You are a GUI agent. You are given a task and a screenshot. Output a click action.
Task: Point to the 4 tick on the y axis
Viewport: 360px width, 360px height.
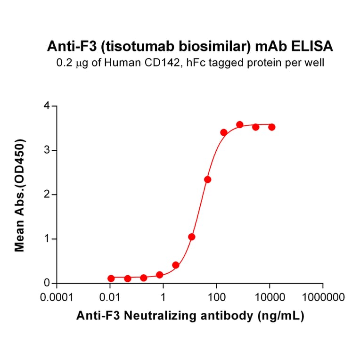pyautogui.click(x=47, y=106)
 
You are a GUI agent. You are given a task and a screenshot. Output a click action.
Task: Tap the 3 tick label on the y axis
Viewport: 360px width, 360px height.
pyautogui.click(x=47, y=150)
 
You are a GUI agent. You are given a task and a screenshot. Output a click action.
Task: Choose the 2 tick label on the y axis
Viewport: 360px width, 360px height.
pyautogui.click(x=47, y=195)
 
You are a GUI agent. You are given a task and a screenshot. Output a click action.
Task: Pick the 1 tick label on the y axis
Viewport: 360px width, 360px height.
pyautogui.click(x=47, y=239)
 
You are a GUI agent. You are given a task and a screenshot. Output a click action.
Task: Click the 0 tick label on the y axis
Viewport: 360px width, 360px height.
pyautogui.click(x=47, y=283)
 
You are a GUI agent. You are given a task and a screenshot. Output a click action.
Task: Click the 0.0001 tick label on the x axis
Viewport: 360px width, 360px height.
pyautogui.click(x=57, y=298)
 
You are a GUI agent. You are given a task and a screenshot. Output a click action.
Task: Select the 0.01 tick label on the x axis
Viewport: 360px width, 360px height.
pyautogui.click(x=110, y=298)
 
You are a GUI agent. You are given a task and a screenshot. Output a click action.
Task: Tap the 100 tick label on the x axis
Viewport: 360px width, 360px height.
pyautogui.click(x=216, y=298)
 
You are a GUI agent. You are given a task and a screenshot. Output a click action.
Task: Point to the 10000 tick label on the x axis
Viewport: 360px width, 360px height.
pyautogui.click(x=270, y=298)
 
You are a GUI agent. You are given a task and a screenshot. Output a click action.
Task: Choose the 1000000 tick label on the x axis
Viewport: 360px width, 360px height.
pyautogui.click(x=323, y=298)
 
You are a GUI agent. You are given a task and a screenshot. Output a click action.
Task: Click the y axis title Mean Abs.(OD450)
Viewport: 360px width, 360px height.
pyautogui.click(x=20, y=195)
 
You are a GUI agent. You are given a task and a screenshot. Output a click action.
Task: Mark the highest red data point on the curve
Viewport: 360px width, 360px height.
pyautogui.click(x=239, y=124)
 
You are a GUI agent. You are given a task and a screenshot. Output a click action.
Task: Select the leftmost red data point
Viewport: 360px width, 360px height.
pyautogui.click(x=111, y=278)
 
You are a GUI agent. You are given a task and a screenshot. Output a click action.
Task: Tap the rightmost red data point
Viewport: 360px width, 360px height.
pyautogui.click(x=271, y=127)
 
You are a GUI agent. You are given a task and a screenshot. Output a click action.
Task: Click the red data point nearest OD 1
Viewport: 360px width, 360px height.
pyautogui.click(x=191, y=237)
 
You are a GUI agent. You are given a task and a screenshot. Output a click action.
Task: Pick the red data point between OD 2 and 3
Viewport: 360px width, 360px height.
pyautogui.click(x=207, y=180)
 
